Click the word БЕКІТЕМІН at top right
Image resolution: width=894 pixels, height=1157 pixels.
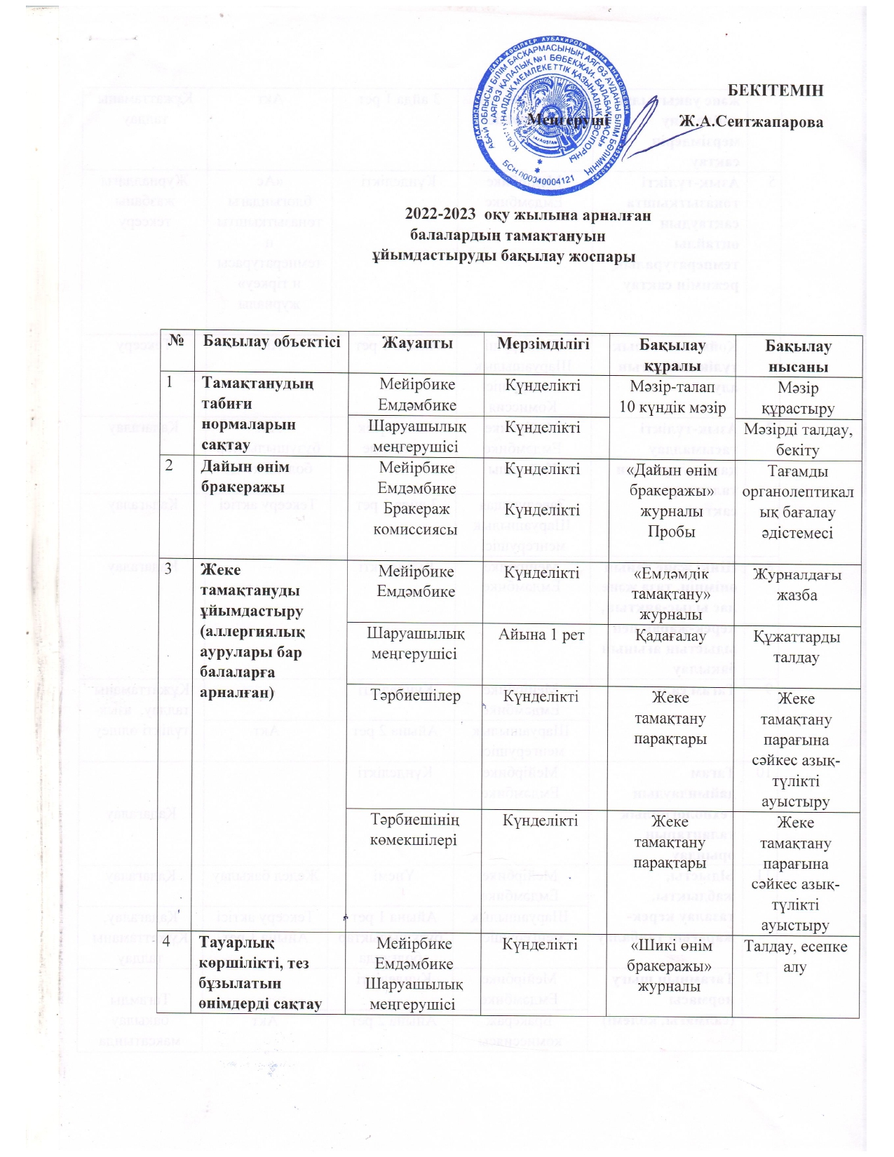(x=776, y=90)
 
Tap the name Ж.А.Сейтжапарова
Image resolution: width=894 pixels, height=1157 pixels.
(x=751, y=121)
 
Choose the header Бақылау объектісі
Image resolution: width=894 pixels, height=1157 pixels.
(x=271, y=342)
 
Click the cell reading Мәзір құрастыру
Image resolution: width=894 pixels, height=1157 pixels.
(x=798, y=398)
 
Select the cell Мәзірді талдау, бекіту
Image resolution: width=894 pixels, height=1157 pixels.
(x=798, y=440)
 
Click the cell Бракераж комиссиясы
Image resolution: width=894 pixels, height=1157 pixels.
(x=415, y=520)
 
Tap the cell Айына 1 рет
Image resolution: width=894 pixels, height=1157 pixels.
(x=541, y=635)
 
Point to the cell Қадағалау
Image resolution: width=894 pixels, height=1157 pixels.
(x=670, y=635)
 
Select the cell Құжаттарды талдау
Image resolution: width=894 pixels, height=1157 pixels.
(x=797, y=647)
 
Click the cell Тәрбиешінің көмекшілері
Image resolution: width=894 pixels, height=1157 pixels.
(x=415, y=830)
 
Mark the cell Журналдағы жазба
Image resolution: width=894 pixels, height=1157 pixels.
(x=797, y=584)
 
